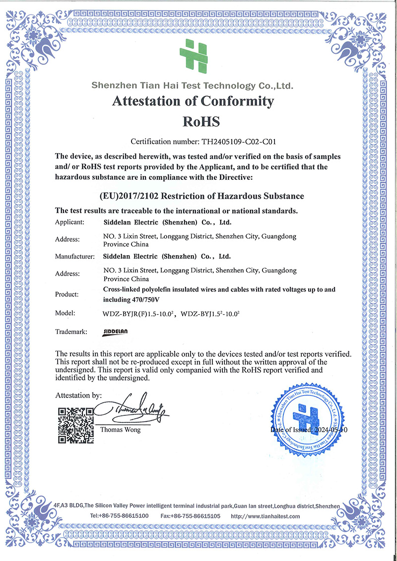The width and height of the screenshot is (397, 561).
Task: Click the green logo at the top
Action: tap(193, 55)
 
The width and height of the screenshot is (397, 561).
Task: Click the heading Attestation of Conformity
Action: tap(193, 101)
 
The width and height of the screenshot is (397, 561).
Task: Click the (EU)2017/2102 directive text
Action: tap(202, 196)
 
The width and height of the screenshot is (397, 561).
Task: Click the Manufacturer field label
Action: tap(74, 256)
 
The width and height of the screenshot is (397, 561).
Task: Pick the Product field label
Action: tap(67, 294)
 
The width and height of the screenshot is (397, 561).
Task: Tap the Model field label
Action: tap(65, 313)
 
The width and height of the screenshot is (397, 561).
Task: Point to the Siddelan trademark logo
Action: tap(117, 332)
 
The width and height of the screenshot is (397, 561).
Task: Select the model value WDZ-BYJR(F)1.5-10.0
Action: tap(139, 313)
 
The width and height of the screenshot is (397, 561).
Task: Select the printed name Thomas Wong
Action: tap(120, 430)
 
